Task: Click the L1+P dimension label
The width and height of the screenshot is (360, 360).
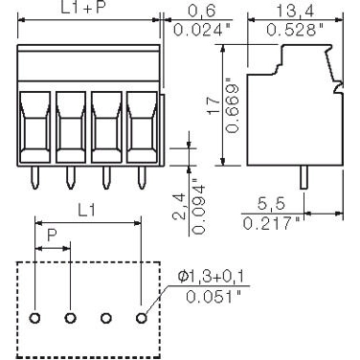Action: [88, 10]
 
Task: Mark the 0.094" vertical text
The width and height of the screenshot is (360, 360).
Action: [194, 201]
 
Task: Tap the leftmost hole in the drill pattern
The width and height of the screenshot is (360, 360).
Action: [35, 317]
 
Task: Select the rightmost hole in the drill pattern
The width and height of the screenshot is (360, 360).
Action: [142, 317]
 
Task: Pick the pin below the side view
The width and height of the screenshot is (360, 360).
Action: [304, 177]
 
